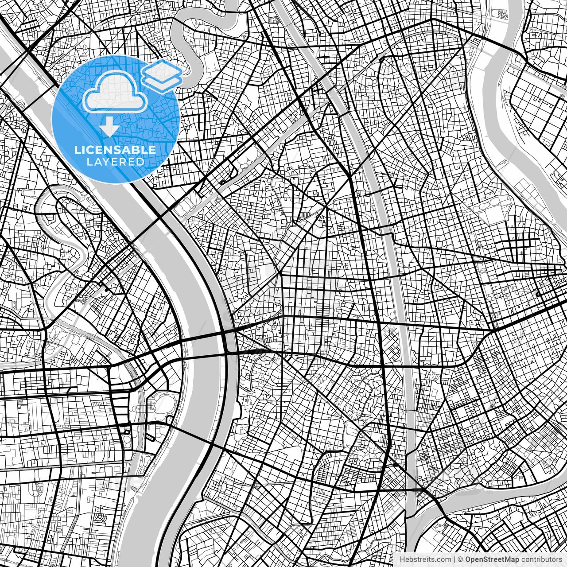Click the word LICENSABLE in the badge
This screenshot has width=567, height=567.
(115, 150)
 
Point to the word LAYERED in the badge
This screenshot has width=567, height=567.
(115, 162)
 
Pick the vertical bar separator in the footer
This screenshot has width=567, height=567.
(454, 559)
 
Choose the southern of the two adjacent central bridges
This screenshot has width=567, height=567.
(204, 354)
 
